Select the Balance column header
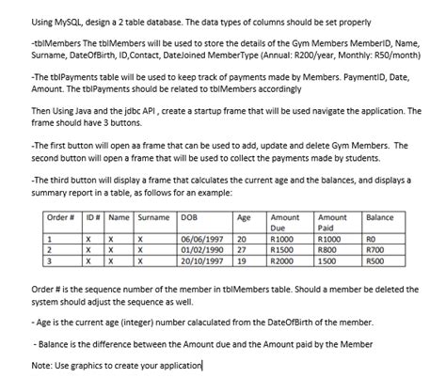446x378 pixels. [x=379, y=217]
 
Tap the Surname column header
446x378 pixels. [x=153, y=217]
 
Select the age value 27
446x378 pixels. [x=242, y=250]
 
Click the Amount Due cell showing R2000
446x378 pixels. [x=283, y=260]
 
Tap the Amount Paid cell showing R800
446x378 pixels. [x=329, y=250]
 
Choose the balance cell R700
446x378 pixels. [x=375, y=250]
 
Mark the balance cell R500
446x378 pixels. [x=375, y=260]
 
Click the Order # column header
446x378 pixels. [x=60, y=217]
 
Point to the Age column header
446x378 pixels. [x=244, y=217]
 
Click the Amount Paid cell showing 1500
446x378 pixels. [x=328, y=260]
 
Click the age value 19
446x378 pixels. [x=242, y=260]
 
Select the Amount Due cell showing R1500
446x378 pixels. [x=283, y=250]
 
